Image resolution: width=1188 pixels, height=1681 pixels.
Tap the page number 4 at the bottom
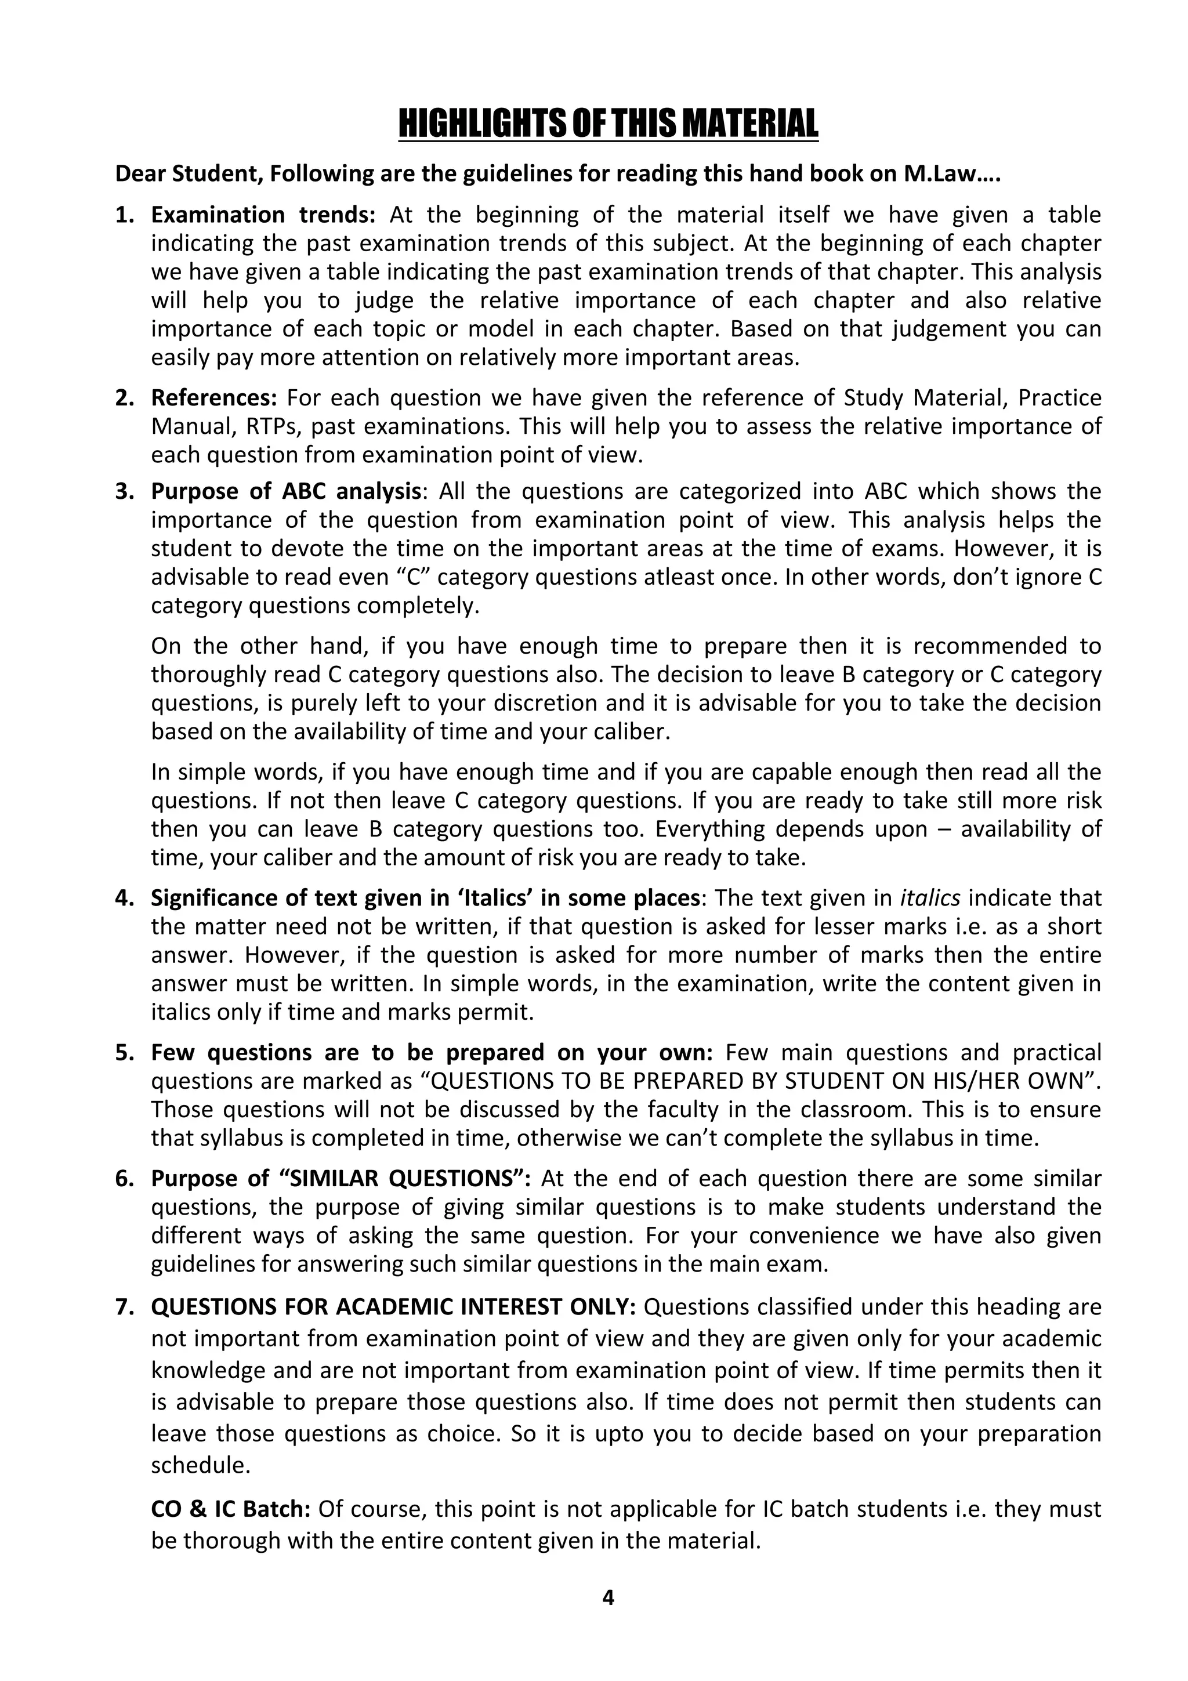(607, 1597)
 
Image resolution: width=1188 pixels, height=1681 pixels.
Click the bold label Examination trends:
(263, 215)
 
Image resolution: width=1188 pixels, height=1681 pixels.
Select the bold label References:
(213, 397)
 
